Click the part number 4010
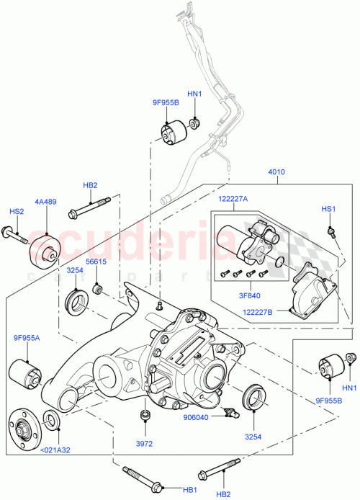[277, 173]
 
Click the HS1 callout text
[328, 209]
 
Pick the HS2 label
[16, 212]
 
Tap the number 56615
[96, 262]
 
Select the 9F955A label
[27, 337]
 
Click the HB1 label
[190, 489]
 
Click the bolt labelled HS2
[14, 233]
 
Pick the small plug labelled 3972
[145, 416]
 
